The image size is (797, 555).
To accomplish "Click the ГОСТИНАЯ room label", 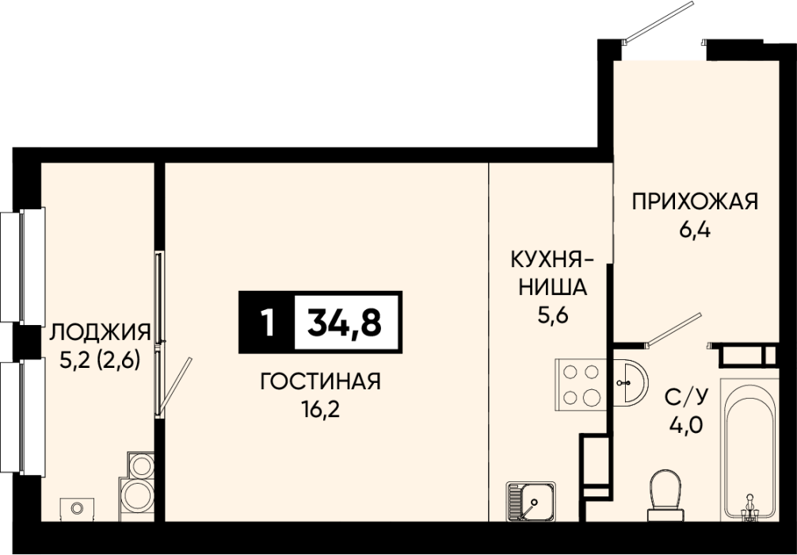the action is [320, 381].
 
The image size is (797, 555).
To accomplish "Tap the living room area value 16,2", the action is [320, 408].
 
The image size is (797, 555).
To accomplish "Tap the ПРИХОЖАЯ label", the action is [695, 201].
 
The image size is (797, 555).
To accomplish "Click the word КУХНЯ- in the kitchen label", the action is [553, 261].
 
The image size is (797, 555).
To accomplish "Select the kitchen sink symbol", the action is [531, 501].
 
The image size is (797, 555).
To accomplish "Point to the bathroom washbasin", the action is [631, 381].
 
